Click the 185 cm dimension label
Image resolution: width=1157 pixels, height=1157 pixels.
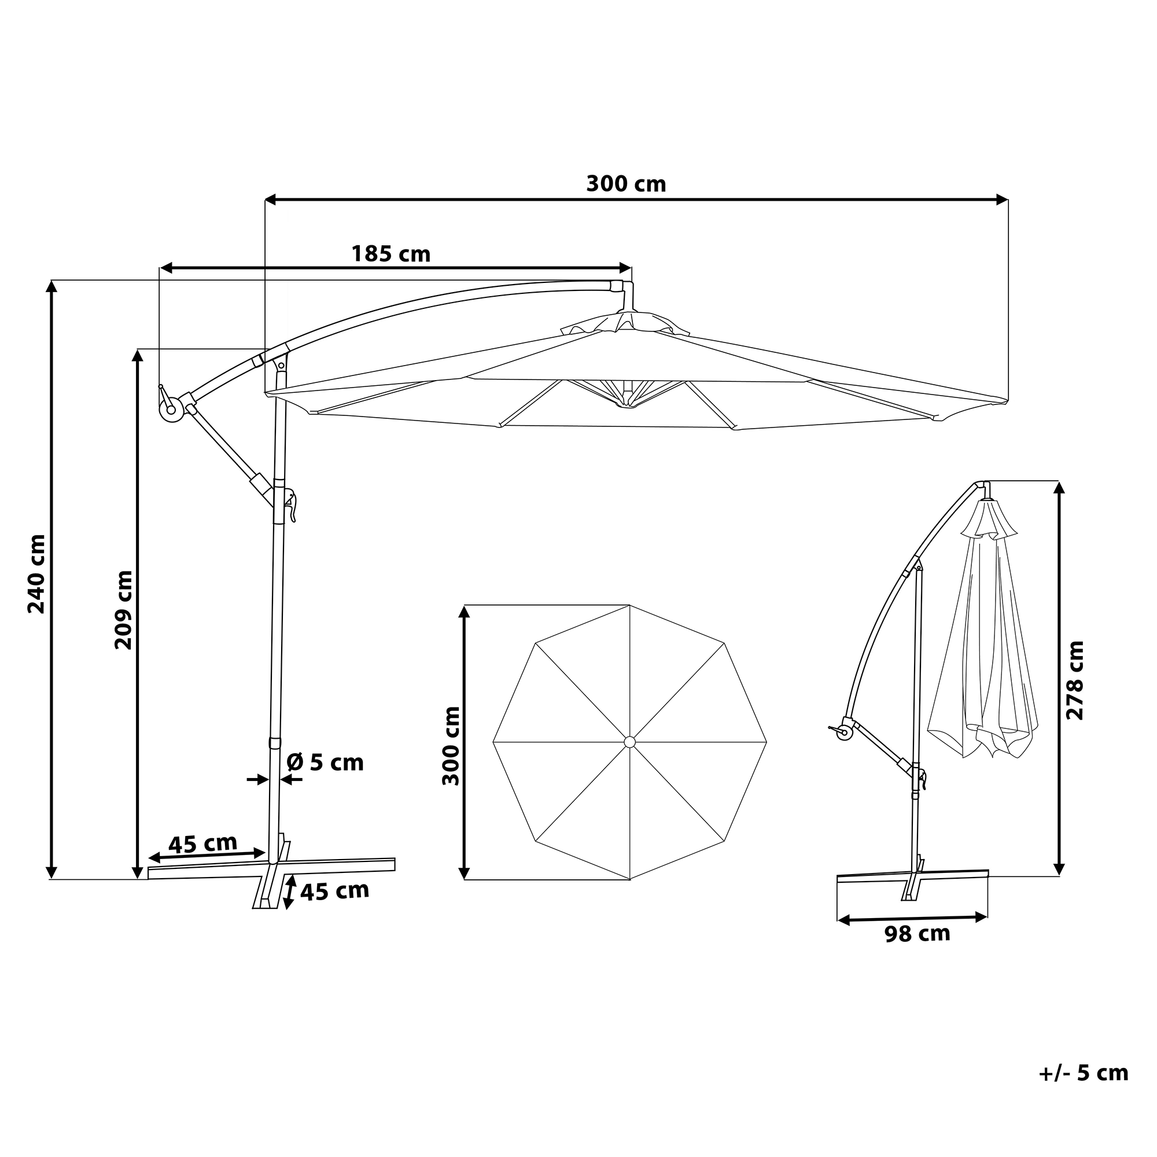pos(390,254)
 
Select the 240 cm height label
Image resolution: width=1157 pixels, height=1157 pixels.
pos(37,574)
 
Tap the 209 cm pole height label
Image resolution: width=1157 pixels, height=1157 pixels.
pos(123,610)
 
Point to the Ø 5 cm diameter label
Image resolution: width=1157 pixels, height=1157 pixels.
pos(325,762)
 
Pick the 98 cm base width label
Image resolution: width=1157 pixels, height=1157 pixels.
pos(918,934)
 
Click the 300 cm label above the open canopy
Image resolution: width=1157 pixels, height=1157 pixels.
pos(626,184)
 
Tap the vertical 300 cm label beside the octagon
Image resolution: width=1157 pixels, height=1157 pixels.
pos(451,746)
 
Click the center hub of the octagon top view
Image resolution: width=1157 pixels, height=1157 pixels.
pos(629,742)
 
